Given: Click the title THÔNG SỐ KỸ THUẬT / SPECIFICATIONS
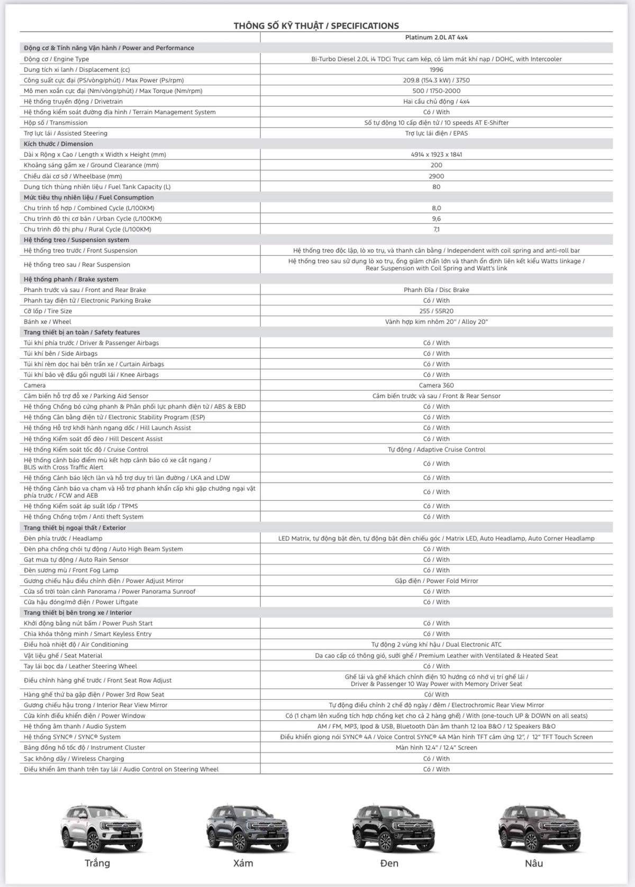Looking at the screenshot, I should [x=316, y=25].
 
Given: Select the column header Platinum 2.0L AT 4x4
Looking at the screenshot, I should [x=436, y=38].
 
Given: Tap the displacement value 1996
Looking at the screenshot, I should [x=436, y=69].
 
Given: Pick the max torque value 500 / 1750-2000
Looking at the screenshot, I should [x=436, y=91].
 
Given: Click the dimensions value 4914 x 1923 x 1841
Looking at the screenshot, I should [x=436, y=155].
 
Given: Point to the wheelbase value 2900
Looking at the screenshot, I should [x=436, y=176].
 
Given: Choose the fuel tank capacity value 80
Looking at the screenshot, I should [x=436, y=187].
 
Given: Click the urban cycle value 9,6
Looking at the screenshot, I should [x=436, y=219].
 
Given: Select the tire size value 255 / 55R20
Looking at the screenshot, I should [x=436, y=311].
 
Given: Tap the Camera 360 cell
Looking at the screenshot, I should [x=436, y=385].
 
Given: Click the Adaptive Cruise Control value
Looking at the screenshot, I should [x=436, y=449].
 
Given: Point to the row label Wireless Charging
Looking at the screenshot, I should [x=74, y=758].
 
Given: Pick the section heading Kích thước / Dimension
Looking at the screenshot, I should [x=58, y=144].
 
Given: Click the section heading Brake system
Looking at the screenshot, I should [x=71, y=279].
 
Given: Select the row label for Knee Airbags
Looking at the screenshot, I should [x=91, y=375].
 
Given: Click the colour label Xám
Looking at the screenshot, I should [x=243, y=863].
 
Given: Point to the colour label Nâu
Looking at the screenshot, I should [x=534, y=863].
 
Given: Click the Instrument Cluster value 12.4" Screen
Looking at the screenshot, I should [x=436, y=748].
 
